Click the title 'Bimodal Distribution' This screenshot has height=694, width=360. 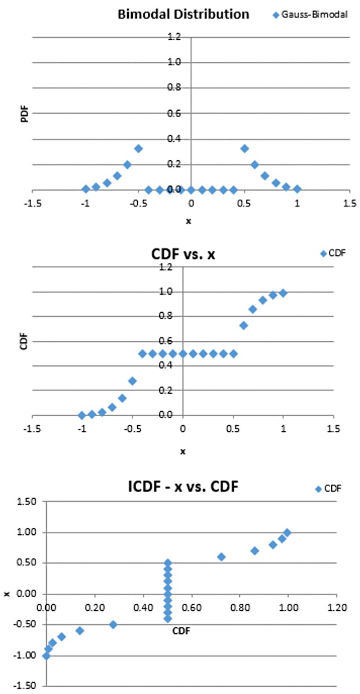pyautogui.click(x=183, y=15)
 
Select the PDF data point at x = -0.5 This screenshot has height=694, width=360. pyautogui.click(x=138, y=148)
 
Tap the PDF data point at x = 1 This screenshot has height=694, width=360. pyautogui.click(x=297, y=189)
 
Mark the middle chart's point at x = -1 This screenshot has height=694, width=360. pyautogui.click(x=82, y=415)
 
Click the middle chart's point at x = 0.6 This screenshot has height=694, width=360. pyautogui.click(x=244, y=325)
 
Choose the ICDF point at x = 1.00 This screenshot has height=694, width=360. pyautogui.click(x=287, y=532)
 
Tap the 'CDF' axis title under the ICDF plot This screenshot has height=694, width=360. pyautogui.click(x=181, y=631)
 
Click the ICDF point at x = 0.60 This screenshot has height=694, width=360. pyautogui.click(x=221, y=557)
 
